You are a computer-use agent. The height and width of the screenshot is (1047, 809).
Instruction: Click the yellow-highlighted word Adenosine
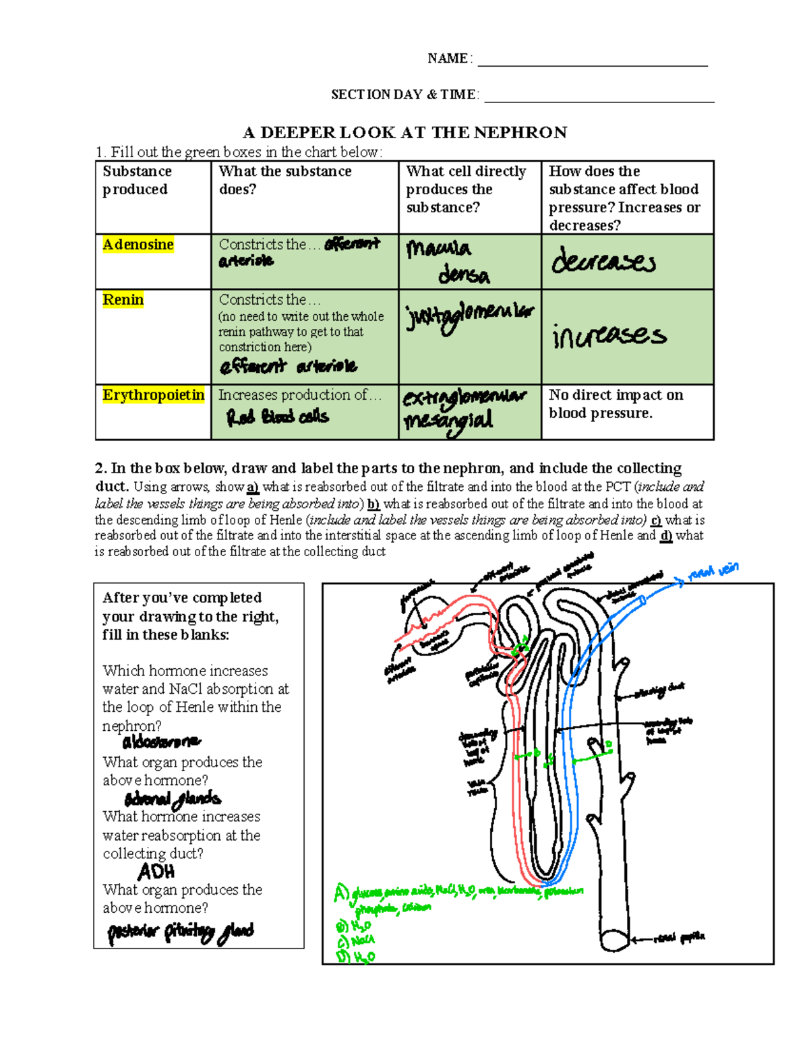click(x=138, y=245)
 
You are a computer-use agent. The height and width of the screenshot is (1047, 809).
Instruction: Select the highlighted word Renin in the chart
click(x=123, y=300)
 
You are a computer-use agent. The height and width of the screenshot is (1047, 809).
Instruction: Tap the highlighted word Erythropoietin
click(x=153, y=395)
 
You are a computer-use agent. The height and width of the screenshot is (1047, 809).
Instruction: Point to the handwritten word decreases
click(x=603, y=262)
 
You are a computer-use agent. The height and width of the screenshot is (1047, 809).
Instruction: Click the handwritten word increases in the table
click(x=609, y=336)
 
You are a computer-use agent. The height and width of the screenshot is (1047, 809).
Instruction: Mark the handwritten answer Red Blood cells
click(x=278, y=417)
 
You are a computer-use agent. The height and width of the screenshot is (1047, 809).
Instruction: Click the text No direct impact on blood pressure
click(x=616, y=404)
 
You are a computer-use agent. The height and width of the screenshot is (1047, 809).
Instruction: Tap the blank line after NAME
click(x=593, y=61)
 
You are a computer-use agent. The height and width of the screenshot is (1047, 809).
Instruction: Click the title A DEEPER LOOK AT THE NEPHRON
click(x=404, y=132)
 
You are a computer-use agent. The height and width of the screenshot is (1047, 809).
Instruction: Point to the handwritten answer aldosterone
click(x=161, y=742)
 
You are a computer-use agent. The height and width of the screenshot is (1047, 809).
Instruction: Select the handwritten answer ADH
click(x=156, y=872)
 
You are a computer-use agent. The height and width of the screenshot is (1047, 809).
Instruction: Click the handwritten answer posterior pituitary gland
click(x=181, y=932)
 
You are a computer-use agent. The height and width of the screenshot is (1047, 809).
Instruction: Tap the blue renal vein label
click(x=713, y=572)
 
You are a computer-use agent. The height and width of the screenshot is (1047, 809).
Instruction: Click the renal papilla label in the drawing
click(x=679, y=937)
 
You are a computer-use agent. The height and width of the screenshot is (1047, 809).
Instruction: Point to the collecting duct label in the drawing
click(x=659, y=690)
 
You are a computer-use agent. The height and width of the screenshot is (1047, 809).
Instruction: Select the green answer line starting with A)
click(x=458, y=893)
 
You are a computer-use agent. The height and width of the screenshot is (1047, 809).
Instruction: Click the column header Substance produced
click(x=137, y=181)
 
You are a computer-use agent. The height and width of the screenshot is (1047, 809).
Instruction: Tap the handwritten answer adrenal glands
click(x=173, y=800)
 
